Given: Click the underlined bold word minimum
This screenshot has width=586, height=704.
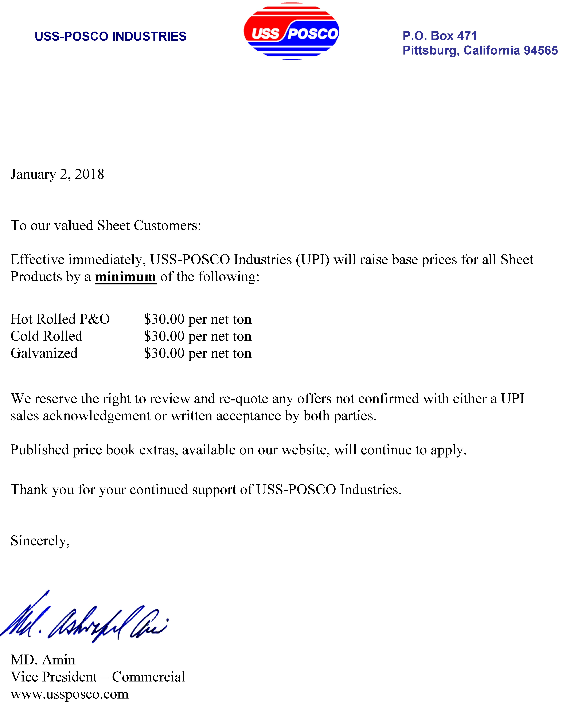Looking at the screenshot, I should (x=126, y=277).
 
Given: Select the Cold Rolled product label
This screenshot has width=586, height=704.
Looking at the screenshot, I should (x=46, y=336).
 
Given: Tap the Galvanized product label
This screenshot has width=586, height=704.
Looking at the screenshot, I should (x=44, y=353).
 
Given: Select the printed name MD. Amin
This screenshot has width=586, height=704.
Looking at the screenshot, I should (x=43, y=660).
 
